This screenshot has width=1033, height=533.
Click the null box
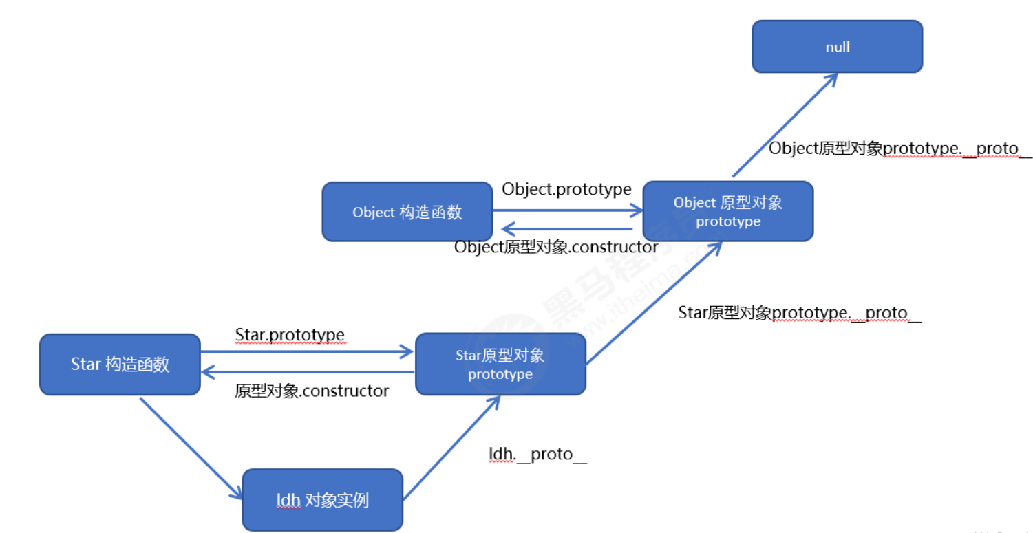pyautogui.click(x=837, y=47)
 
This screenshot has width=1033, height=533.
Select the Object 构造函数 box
pyautogui.click(x=407, y=212)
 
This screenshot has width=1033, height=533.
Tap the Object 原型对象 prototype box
pyautogui.click(x=728, y=211)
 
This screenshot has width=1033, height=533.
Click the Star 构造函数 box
pyautogui.click(x=120, y=365)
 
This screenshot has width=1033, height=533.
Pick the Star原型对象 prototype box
pyautogui.click(x=500, y=365)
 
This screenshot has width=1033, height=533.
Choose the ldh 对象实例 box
pyautogui.click(x=322, y=500)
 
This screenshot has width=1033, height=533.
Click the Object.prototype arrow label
pyautogui.click(x=566, y=189)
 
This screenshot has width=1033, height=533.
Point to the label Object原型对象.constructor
pyautogui.click(x=556, y=247)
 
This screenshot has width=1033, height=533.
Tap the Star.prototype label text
pyautogui.click(x=290, y=335)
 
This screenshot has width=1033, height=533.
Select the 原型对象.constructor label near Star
pyautogui.click(x=312, y=391)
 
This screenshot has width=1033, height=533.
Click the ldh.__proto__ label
pyautogui.click(x=537, y=455)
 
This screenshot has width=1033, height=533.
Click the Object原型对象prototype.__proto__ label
pyautogui.click(x=900, y=149)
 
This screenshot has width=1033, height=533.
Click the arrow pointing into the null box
pyautogui.click(x=785, y=124)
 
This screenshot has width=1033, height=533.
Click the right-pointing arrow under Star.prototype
pyautogui.click(x=306, y=352)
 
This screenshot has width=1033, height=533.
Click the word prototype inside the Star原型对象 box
pyautogui.click(x=500, y=375)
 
